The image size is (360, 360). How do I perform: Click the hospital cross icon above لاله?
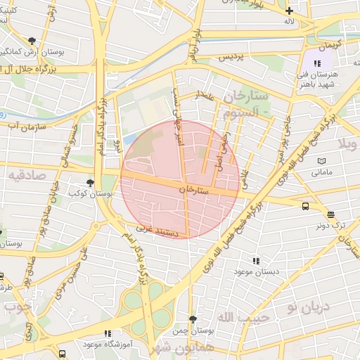[x=289, y=11]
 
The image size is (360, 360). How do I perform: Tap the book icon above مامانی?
[x=321, y=161]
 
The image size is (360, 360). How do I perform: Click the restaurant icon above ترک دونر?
[x=330, y=215]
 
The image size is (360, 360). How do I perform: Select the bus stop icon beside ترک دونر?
[x=305, y=206]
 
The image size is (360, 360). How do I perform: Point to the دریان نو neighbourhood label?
[x=302, y=307]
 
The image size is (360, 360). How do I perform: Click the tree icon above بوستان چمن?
[x=193, y=319]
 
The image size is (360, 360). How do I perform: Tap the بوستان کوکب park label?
[x=88, y=193]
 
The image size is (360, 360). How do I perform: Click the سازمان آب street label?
[x=26, y=124]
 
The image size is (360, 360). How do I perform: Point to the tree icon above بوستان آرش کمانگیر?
[x=32, y=40]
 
